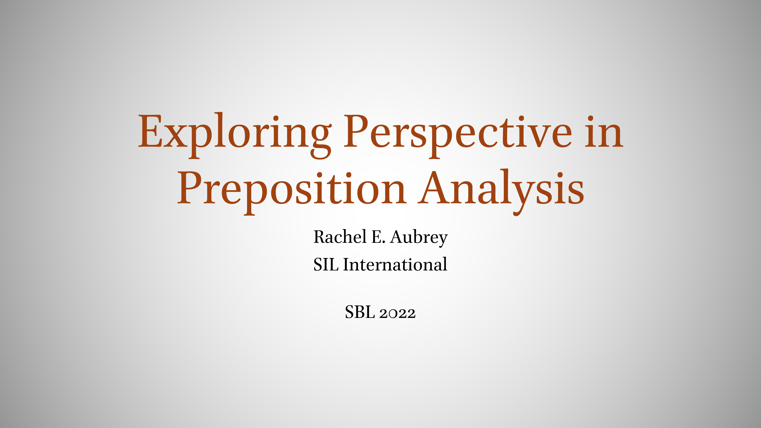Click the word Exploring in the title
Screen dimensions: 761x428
(235, 135)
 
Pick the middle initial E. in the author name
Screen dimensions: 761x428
(378, 237)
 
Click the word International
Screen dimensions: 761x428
(395, 264)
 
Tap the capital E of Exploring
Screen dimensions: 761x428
(150, 131)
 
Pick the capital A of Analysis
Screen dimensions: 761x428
(434, 187)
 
